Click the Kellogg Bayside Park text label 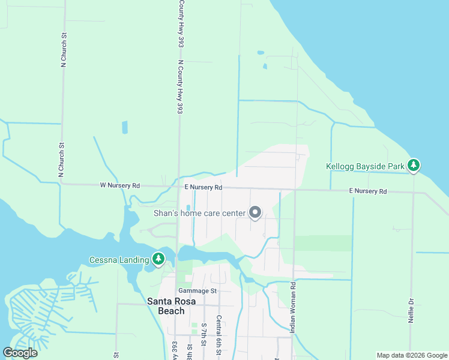pos(365,166)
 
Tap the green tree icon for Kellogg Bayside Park pos(413,165)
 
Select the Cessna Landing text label pos(119,260)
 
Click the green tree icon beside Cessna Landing pos(158,259)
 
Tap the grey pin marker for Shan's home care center pos(255,212)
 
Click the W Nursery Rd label pos(119,186)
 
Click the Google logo pos(20,353)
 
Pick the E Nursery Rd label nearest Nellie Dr pos(368,191)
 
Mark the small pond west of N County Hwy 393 pos(125,127)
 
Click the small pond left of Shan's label pos(188,208)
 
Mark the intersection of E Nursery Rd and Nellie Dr pos(413,193)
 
